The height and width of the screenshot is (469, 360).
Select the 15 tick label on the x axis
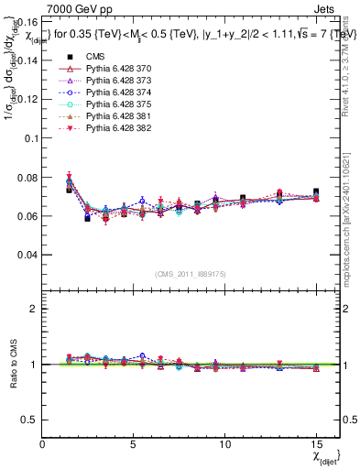pyautogui.click(x=316, y=444)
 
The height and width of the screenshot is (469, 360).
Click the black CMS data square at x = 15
pyautogui.click(x=316, y=192)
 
